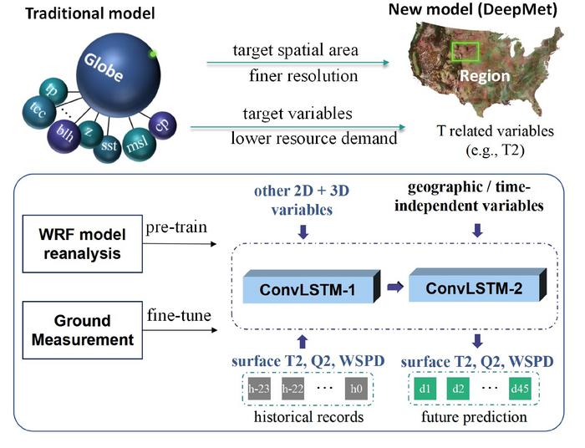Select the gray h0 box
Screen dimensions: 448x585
coord(355,389)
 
